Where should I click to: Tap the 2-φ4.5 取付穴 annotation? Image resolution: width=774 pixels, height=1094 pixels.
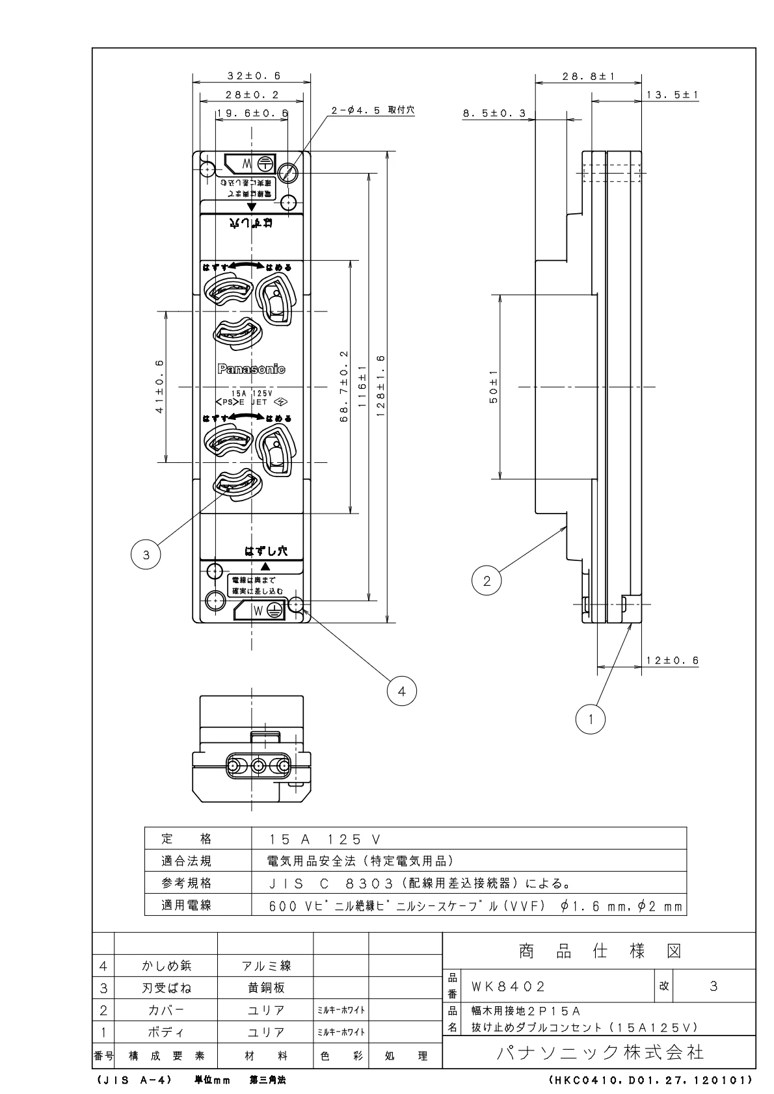(x=373, y=111)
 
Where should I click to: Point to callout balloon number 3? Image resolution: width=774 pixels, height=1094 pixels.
(x=146, y=554)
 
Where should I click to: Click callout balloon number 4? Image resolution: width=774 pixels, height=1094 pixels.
(x=401, y=692)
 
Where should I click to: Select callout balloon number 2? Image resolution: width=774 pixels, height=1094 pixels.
(x=487, y=580)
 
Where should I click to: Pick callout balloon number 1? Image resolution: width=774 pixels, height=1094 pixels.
(x=591, y=719)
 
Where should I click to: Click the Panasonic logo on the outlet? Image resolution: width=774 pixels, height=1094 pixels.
(x=251, y=369)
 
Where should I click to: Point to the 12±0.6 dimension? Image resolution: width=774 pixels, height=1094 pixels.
(x=672, y=660)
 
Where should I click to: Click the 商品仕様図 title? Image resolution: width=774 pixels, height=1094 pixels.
(x=599, y=952)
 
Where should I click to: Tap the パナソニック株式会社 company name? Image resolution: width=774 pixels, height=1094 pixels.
(x=600, y=1052)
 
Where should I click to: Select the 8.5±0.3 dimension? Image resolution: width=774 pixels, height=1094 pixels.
(x=494, y=114)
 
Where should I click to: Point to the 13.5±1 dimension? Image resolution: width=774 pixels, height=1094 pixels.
(x=672, y=95)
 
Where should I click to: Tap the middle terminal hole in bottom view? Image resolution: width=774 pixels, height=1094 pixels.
(x=258, y=767)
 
